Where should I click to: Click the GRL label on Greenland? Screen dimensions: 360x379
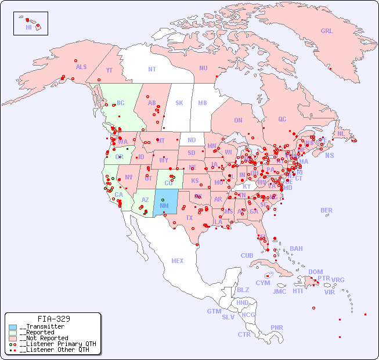[327, 31]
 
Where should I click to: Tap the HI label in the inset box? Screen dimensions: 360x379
[28, 27]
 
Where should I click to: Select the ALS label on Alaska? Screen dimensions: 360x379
[81, 67]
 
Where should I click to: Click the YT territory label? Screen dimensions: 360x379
[109, 70]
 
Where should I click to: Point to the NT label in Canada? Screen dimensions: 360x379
[152, 69]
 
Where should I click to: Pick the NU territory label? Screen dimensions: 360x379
[203, 68]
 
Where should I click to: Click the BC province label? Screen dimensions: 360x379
[121, 103]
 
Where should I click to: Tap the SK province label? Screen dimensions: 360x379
[179, 103]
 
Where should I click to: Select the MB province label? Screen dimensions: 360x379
[203, 103]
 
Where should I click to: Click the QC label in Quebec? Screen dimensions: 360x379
[282, 119]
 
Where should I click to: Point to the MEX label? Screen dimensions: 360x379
[178, 261]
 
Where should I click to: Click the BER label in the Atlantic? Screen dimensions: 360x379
[326, 210]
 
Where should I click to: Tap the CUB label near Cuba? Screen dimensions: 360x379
[247, 255]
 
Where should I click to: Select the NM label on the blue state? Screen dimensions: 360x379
[164, 206]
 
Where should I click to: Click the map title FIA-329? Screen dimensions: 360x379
[54, 319]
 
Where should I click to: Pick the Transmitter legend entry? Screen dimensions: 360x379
[42, 327]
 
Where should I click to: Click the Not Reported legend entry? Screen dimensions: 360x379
[44, 338]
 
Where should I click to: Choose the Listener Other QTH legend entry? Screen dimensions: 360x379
[54, 350]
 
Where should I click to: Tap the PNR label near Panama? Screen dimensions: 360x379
[277, 327]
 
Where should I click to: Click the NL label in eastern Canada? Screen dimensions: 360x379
[341, 134]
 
